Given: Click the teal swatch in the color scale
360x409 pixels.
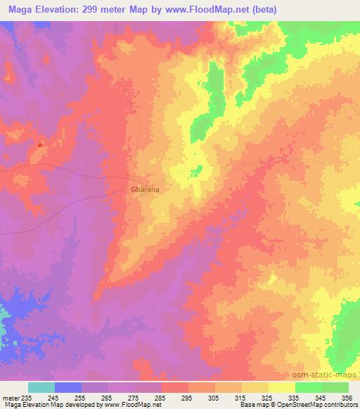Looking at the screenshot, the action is pos(41,387).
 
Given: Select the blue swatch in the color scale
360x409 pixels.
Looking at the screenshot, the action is pos(68,387).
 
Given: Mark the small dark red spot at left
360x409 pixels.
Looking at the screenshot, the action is pos(40,144).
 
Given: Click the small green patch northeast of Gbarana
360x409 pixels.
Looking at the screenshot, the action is pos(198,170).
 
